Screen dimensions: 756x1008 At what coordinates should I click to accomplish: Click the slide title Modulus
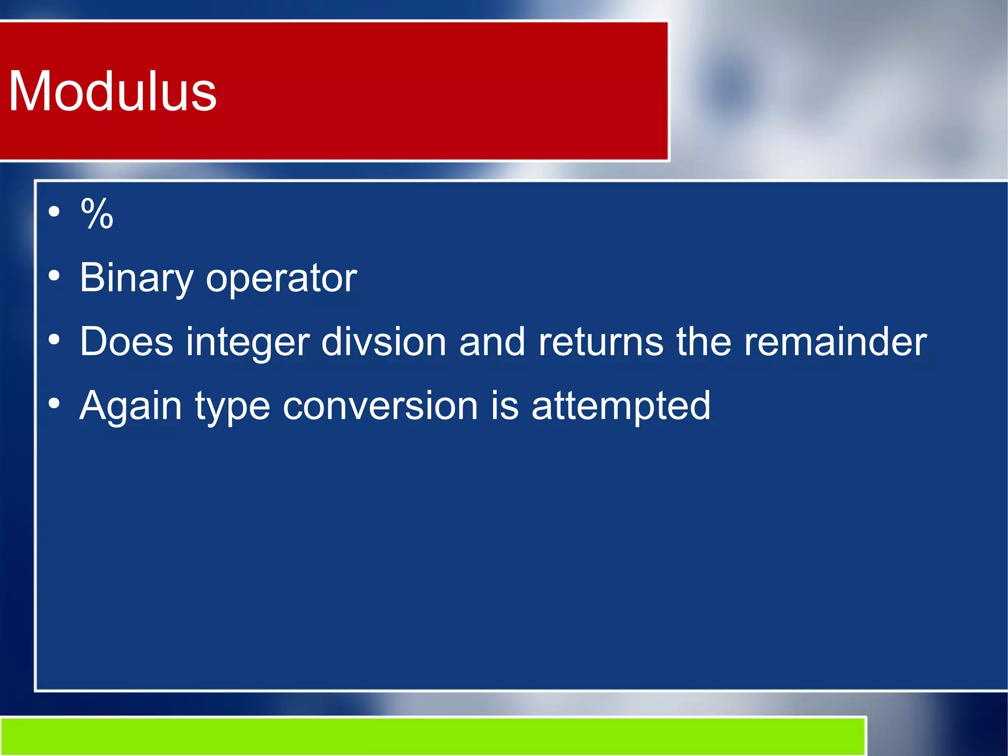tap(112, 92)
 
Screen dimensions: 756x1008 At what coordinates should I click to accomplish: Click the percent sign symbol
tap(97, 214)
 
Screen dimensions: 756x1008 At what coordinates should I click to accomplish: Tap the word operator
tap(281, 279)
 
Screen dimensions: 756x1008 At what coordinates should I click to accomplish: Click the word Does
tap(126, 341)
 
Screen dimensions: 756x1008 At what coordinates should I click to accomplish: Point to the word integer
tap(248, 342)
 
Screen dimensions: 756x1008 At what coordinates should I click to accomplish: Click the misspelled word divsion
tap(383, 341)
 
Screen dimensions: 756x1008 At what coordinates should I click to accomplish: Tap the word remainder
tap(835, 341)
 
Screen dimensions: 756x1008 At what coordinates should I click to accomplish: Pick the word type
tap(232, 407)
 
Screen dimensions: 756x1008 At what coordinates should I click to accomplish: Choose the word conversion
tap(380, 405)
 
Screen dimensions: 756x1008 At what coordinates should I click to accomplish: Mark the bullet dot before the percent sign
tap(54, 212)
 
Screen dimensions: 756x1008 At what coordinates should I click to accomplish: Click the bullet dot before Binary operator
tap(54, 276)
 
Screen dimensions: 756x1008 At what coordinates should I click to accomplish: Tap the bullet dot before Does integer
tap(54, 339)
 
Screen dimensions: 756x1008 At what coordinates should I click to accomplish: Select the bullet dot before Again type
tap(54, 403)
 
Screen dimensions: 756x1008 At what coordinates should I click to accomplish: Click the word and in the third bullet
tap(492, 341)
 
